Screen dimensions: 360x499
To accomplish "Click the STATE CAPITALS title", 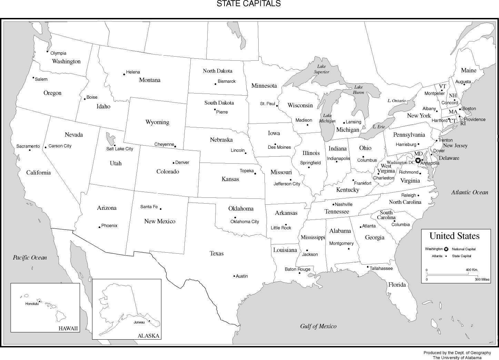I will pos(248,4).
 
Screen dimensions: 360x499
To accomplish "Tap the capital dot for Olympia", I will pos(48,51).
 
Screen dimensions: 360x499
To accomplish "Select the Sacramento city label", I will pos(28,146).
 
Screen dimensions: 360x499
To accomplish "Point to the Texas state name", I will pos(217,253).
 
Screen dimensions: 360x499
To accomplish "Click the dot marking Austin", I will pos(234,276).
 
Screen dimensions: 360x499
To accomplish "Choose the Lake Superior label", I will pos(321,69).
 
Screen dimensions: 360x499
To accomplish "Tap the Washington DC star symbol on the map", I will pos(418,160).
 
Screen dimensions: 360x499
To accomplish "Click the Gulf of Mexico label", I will pos(318,326).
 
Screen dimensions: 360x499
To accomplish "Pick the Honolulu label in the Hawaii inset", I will pos(32,304).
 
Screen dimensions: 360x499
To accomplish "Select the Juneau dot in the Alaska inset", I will pos(149,321).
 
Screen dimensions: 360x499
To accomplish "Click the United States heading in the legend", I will pos(454,236).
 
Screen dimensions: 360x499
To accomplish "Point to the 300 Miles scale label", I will pos(482,280).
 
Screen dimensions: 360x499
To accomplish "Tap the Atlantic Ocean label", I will pos(470,193).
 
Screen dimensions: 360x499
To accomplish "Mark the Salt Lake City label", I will pos(119,149).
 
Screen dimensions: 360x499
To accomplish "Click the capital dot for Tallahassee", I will pos(368,266).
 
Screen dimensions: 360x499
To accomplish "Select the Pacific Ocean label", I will pos(30,257).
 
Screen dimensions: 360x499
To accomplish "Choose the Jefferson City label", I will pos(287,184).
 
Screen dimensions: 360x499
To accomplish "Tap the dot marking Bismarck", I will pos(216,84).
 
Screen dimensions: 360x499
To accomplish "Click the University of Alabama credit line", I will pos(457,358).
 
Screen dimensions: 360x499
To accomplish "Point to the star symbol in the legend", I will pos(446,249).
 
